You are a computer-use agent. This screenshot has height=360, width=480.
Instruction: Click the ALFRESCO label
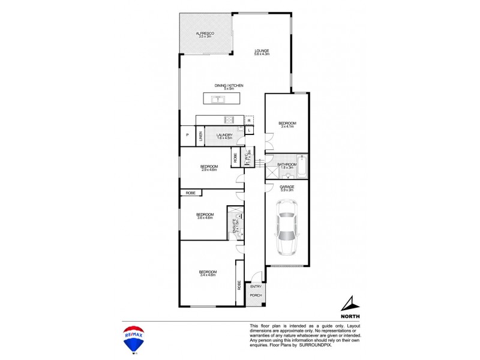tap(205, 34)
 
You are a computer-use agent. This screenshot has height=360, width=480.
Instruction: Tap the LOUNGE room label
tap(261, 52)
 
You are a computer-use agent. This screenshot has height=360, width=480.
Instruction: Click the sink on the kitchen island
tap(220, 99)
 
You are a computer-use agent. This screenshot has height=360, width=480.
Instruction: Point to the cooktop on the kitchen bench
tap(227, 119)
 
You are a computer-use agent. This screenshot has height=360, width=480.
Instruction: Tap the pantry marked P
tap(187, 136)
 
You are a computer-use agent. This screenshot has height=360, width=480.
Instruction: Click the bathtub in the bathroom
tap(301, 167)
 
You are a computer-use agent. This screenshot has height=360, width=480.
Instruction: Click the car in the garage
tap(286, 228)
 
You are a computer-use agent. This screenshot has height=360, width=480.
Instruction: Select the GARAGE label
tap(287, 188)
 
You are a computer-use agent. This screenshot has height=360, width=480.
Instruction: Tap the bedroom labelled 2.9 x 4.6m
tap(208, 168)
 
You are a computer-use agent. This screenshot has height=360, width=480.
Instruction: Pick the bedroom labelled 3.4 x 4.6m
tap(208, 274)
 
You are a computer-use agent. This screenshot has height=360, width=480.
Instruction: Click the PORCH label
tap(256, 295)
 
